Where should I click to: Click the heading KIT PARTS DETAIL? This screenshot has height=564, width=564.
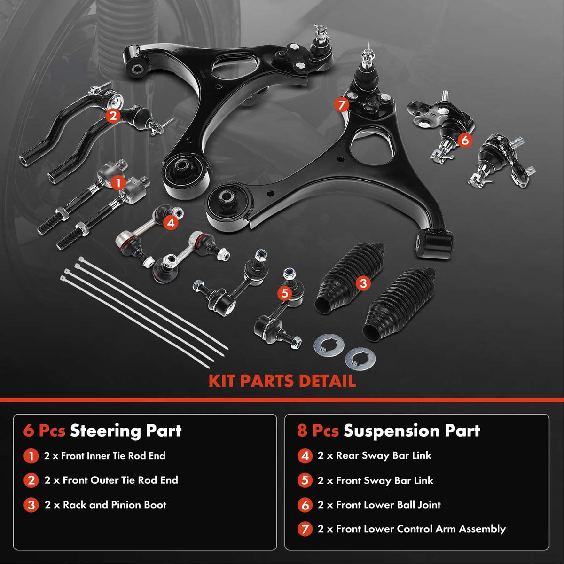(x=282, y=381)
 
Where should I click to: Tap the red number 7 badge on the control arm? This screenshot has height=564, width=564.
(x=341, y=105)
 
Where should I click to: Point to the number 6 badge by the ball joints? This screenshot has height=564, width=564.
(x=464, y=140)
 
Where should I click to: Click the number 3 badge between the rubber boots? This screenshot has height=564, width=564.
(x=362, y=283)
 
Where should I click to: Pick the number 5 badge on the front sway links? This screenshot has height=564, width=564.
(x=284, y=293)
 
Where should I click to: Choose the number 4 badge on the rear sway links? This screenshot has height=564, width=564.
(x=171, y=222)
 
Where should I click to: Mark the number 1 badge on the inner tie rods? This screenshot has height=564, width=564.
(x=118, y=182)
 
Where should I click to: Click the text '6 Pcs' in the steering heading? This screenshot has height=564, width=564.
(x=44, y=431)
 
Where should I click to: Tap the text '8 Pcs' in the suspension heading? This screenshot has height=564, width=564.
(x=318, y=431)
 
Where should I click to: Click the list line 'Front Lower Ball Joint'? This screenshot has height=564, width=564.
(x=379, y=505)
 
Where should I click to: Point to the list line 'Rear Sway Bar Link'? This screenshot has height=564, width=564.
(x=374, y=455)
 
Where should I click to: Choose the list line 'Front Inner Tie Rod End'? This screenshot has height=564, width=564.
(x=104, y=455)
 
